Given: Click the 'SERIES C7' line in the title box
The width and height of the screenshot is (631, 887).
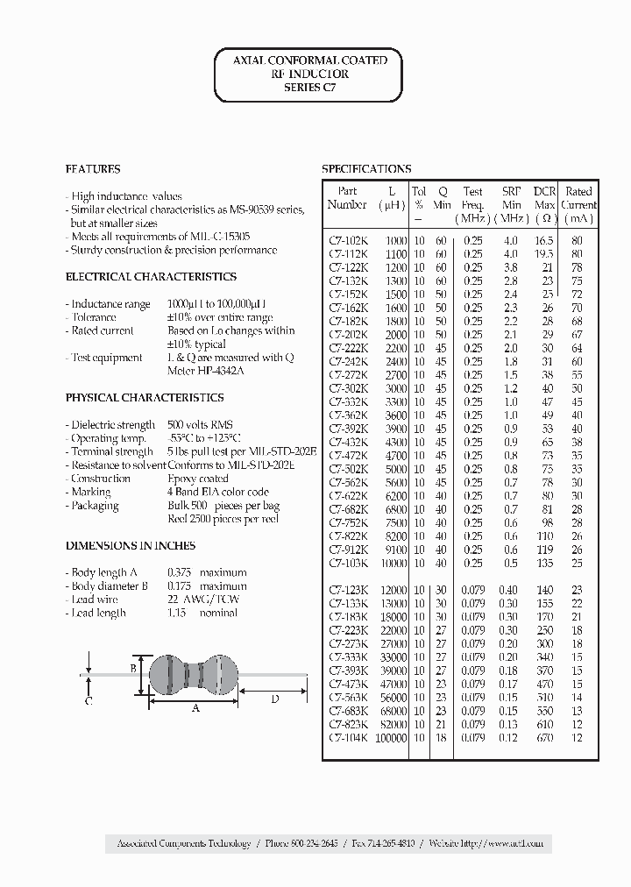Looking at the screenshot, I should tap(308, 88).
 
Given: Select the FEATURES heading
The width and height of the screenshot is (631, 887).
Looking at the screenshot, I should tap(93, 169).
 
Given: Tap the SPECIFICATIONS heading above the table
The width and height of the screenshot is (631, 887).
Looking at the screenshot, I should tap(366, 169).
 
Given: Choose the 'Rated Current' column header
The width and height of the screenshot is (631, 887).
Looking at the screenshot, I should tap(578, 204).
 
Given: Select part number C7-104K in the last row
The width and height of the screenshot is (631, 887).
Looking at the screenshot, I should tap(348, 738).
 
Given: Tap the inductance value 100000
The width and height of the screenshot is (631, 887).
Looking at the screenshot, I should tap(391, 738).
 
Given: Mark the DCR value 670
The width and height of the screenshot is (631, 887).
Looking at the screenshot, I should tap(545, 738).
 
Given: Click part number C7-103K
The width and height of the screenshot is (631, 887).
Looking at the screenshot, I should tap(348, 563).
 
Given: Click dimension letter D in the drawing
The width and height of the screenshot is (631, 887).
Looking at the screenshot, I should tap(274, 699).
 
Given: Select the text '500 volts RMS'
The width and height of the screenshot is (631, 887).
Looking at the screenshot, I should tap(201, 424).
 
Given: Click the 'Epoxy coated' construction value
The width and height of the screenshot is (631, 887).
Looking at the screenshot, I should tap(198, 479).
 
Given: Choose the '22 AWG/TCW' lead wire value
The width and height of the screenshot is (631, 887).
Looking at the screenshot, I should tap(203, 600).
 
